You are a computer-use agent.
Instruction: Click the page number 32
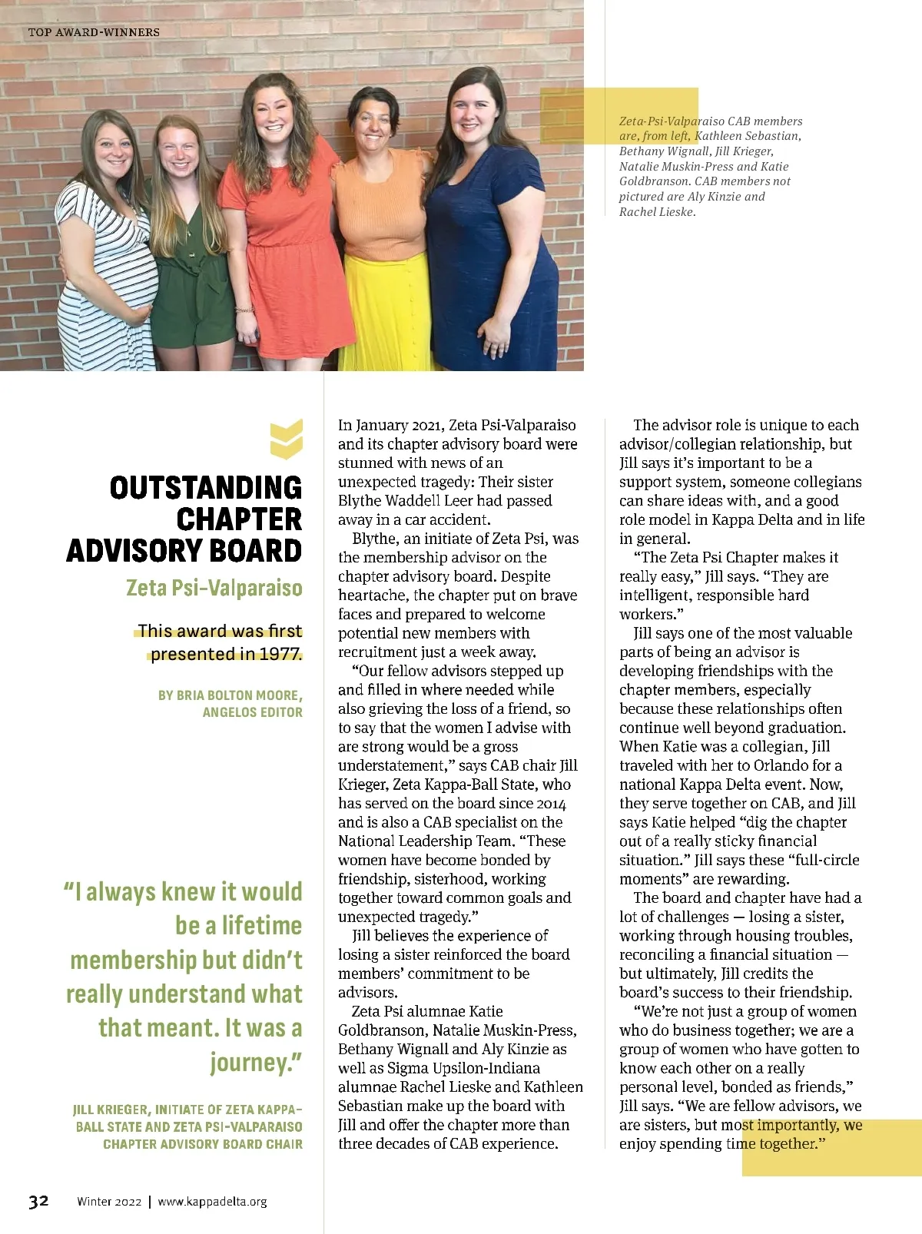pos(38,1201)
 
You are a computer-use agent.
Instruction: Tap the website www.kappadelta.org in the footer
pos(212,1202)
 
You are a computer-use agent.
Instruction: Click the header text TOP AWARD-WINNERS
pos(94,32)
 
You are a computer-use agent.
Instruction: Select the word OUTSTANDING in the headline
pos(206,488)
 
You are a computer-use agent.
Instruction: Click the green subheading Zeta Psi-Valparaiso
pos(214,588)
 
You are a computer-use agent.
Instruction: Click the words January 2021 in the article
pos(400,425)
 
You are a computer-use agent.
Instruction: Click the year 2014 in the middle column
pos(549,804)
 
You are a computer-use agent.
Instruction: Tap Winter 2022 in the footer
pos(109,1202)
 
